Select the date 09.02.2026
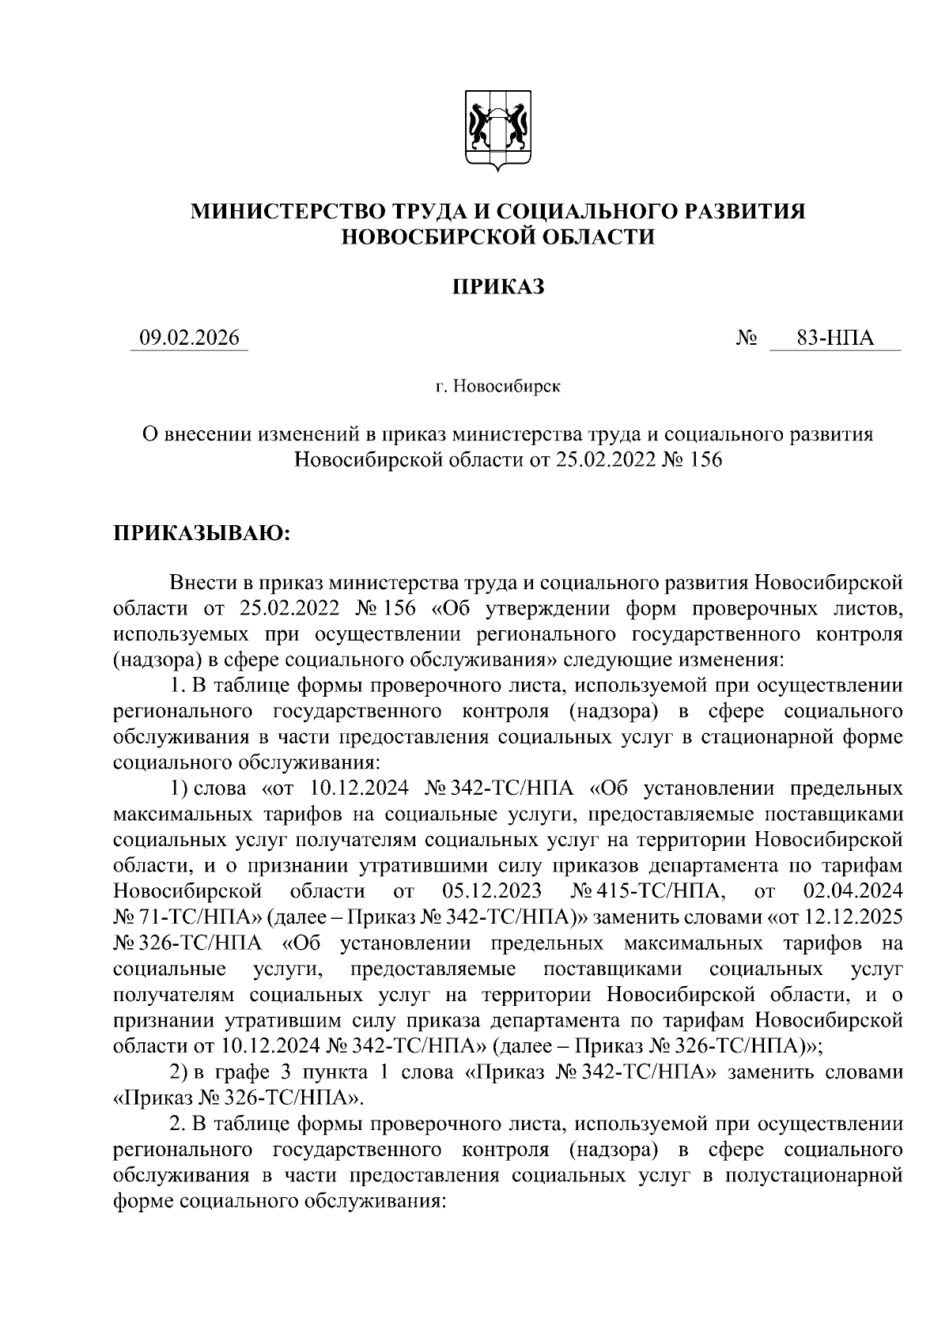[189, 338]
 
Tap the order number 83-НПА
[835, 338]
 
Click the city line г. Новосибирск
[497, 387]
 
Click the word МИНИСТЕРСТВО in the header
[286, 210]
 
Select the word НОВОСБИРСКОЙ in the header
[431, 236]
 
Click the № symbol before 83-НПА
[747, 339]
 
